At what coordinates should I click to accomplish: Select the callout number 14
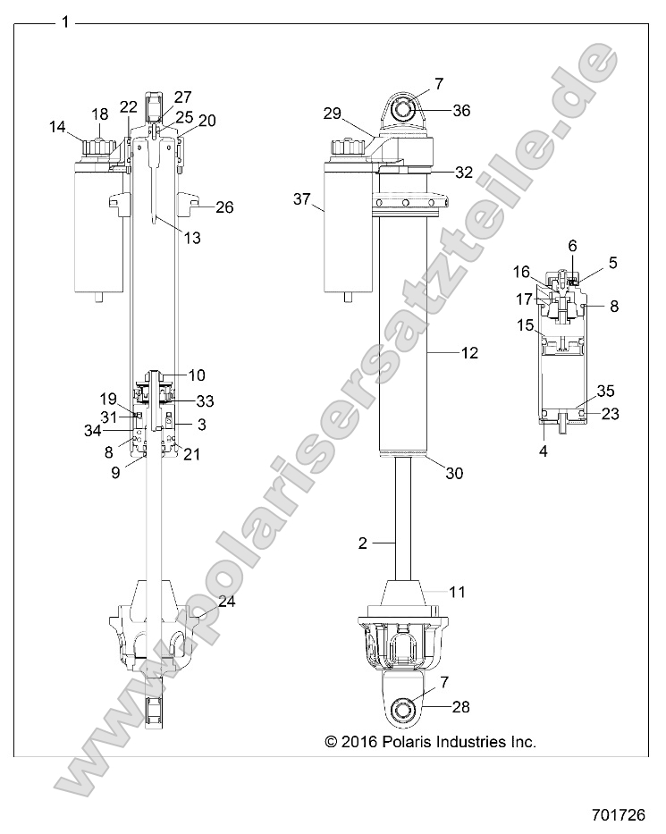click(57, 127)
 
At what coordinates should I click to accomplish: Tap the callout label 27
click(182, 97)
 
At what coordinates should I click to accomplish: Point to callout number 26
click(223, 207)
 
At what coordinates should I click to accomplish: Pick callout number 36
click(461, 111)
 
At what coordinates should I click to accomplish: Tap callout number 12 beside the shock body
click(468, 353)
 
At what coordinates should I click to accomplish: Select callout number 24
click(226, 602)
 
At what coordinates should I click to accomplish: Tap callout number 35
click(605, 391)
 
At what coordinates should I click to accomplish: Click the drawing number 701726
click(631, 814)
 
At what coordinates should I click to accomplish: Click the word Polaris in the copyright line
click(414, 741)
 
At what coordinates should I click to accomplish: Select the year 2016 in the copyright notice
click(361, 741)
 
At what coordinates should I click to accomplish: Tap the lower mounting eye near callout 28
click(405, 710)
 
